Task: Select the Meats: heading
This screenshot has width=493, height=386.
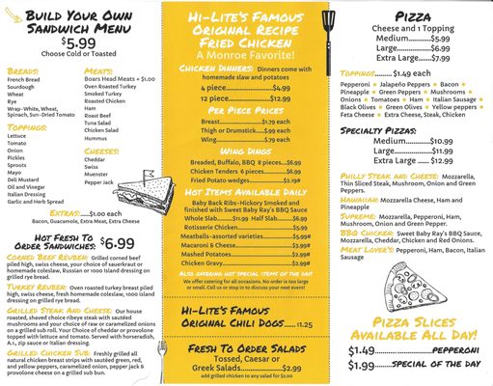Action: [x=98, y=70]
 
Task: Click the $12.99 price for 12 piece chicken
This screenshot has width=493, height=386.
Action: [x=277, y=99]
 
